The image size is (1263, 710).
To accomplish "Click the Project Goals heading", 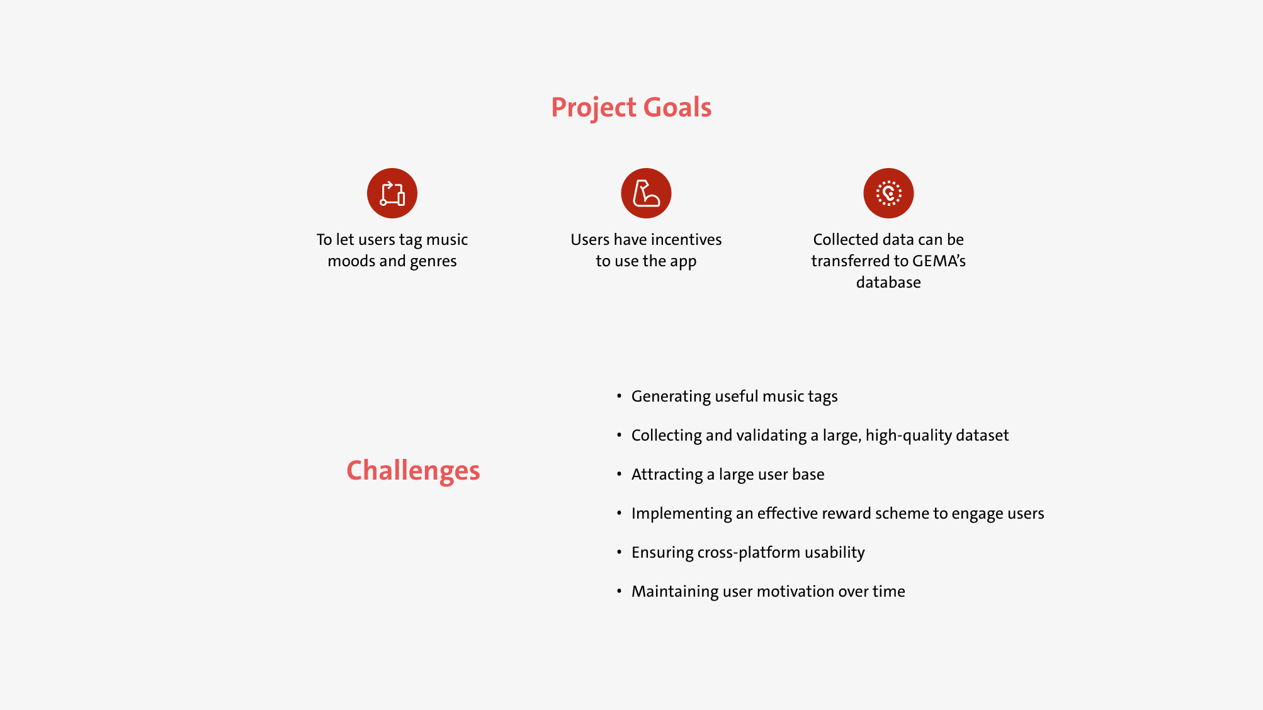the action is point(631,108).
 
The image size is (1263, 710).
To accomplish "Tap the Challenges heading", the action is point(413,471).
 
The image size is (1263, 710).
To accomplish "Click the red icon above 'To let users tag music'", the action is point(392,193).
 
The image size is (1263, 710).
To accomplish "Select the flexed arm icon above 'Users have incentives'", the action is point(646,193).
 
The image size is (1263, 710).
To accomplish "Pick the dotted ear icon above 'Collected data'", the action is point(888,193).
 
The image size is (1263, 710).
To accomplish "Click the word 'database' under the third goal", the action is point(888,282).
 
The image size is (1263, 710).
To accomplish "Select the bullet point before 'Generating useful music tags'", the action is point(619,396).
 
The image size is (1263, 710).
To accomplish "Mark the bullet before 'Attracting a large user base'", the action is point(619,474).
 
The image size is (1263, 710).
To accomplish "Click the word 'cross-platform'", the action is point(749,553).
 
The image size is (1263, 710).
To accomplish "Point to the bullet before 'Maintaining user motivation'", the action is point(619,591).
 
